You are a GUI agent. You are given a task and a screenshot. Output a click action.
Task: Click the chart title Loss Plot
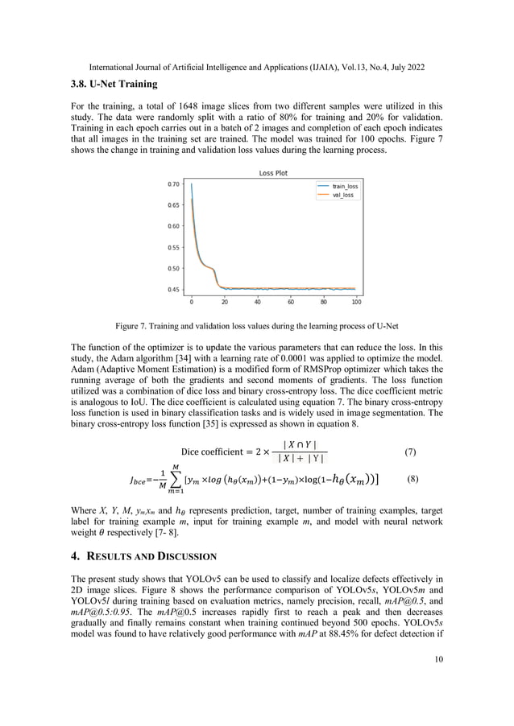272,173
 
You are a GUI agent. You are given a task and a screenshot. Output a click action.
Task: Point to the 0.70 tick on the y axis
173,184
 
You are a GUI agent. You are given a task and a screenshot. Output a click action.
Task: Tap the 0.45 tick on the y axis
173,290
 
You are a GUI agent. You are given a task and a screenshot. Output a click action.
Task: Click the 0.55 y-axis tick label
173,248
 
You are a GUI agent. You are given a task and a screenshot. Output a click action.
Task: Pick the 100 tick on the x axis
356,303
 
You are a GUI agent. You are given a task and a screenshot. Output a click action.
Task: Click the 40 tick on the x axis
257,303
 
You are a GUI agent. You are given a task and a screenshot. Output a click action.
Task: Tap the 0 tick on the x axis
191,303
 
